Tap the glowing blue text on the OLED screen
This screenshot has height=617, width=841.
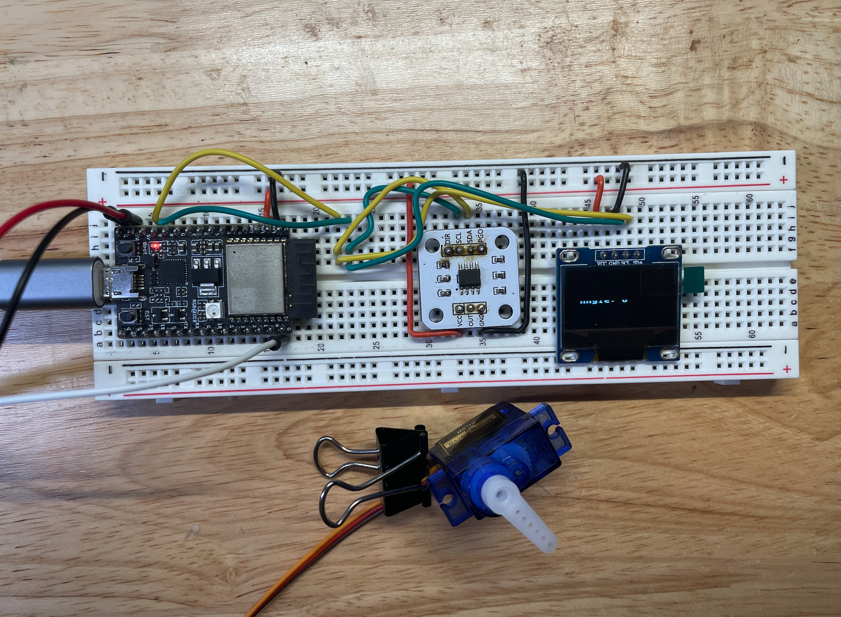[x=602, y=301]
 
